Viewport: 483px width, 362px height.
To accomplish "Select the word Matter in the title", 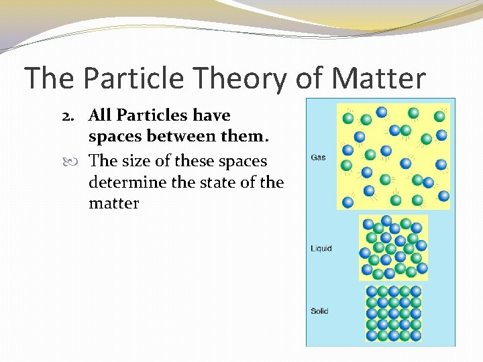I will tap(378, 78).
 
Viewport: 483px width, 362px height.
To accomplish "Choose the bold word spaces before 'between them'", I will tap(119, 137).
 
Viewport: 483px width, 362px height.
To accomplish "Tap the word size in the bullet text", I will tap(136, 161).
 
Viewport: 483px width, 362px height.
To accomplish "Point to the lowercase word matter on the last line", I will tap(113, 203).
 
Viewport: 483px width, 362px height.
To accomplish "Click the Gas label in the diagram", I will tap(319, 158).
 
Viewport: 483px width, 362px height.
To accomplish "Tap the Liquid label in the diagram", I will tap(321, 249).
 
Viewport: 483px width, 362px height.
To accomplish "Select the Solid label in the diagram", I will tap(320, 311).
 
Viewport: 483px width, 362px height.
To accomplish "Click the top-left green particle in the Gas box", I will tap(348, 118).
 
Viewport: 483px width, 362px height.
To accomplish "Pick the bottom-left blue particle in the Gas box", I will tap(348, 202).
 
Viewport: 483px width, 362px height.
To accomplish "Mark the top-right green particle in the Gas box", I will tap(439, 116).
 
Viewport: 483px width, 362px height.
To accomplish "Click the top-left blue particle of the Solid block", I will tap(372, 292).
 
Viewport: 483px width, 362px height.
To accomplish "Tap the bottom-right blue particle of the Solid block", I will tap(416, 335).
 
